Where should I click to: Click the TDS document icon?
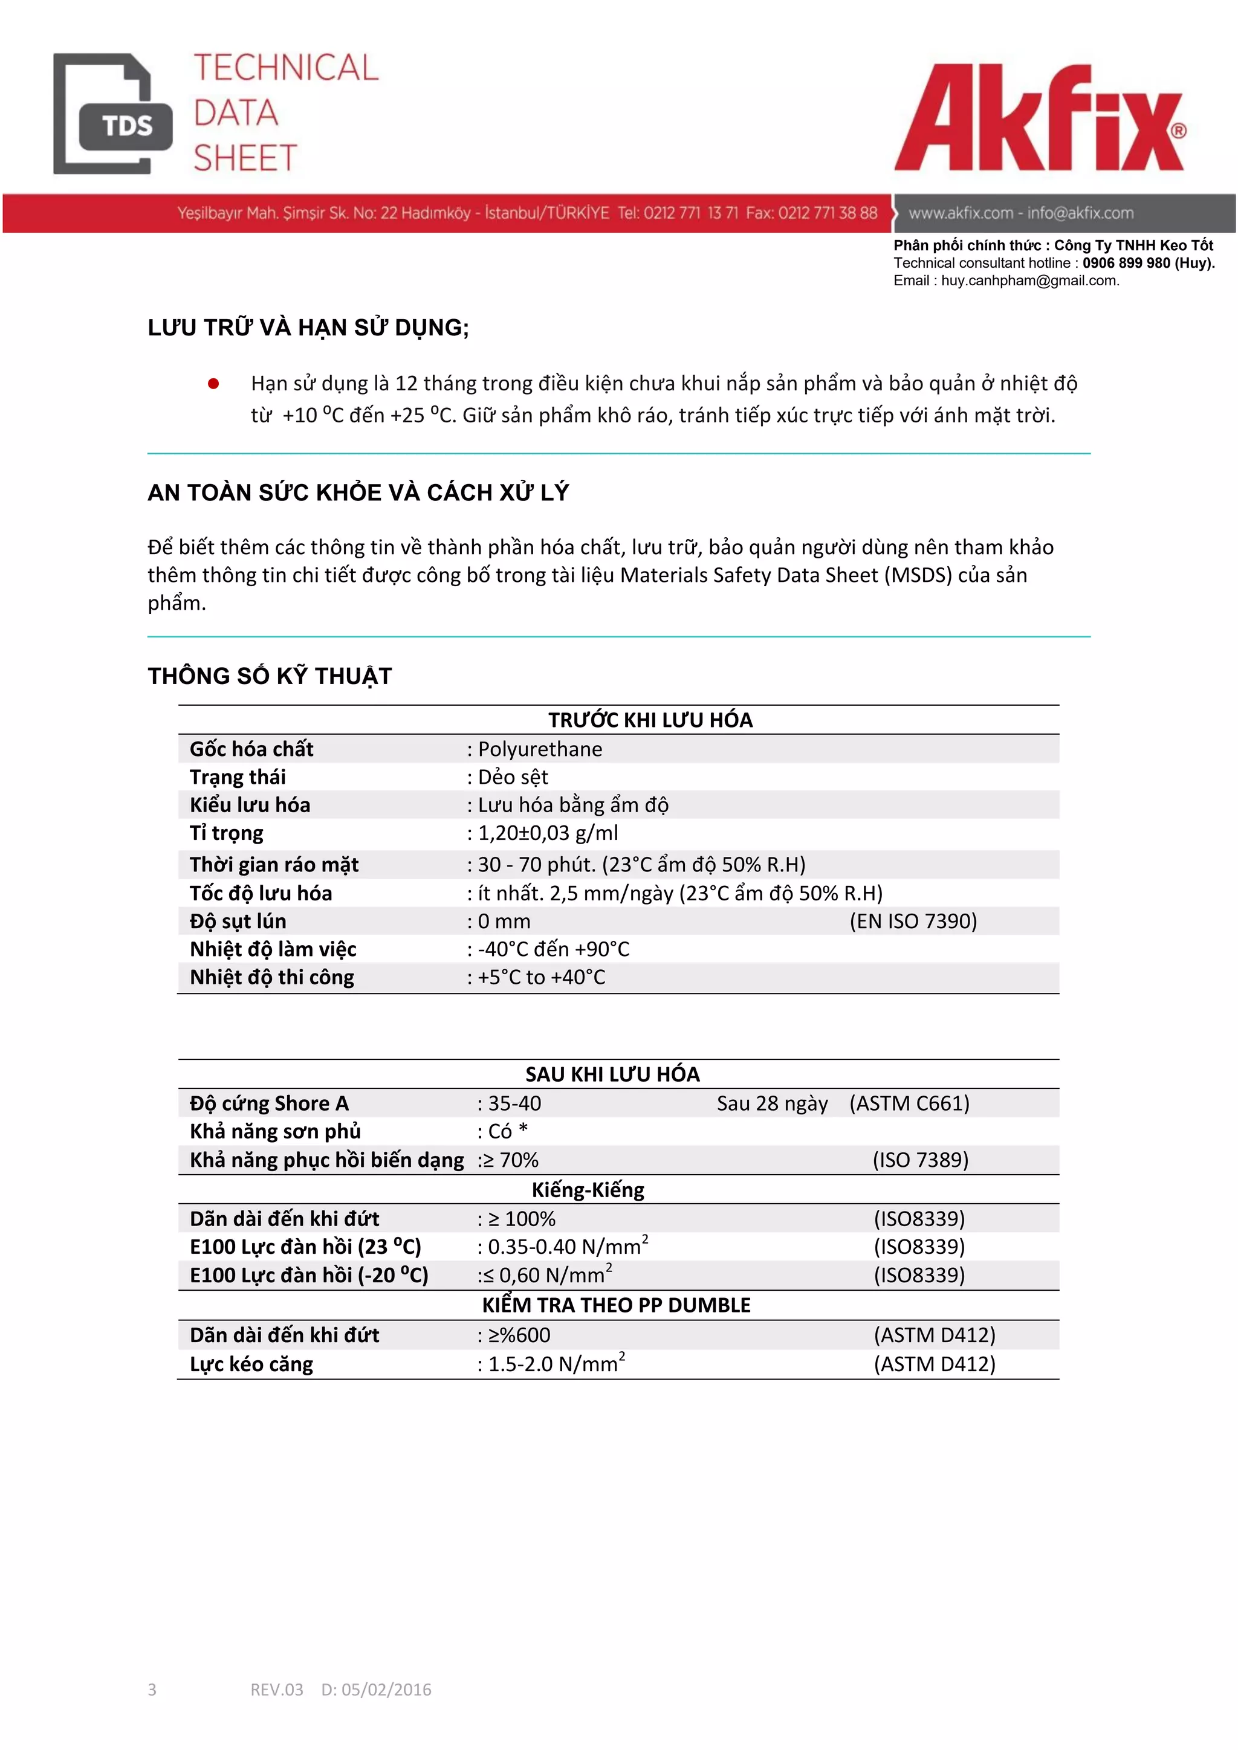click(113, 114)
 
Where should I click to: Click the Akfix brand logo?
click(1039, 118)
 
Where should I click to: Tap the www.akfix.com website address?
click(960, 213)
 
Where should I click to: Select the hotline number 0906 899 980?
click(1126, 263)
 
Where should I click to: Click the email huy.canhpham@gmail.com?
click(1029, 280)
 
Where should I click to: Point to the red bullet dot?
click(213, 383)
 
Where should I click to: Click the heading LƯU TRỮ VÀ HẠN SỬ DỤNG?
click(308, 328)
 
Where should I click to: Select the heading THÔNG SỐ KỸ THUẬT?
click(270, 676)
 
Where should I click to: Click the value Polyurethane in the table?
click(540, 749)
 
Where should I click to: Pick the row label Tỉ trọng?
click(227, 833)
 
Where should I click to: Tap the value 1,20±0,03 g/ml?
click(547, 833)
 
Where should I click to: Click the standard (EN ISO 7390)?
click(913, 922)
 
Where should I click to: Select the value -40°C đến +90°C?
click(554, 950)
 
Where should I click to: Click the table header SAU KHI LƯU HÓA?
click(612, 1074)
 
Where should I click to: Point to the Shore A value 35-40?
click(514, 1103)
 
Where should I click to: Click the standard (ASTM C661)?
click(909, 1103)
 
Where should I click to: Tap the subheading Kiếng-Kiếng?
click(588, 1190)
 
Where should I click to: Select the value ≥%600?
click(519, 1335)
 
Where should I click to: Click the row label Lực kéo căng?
click(251, 1364)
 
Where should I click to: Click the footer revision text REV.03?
click(277, 1690)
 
